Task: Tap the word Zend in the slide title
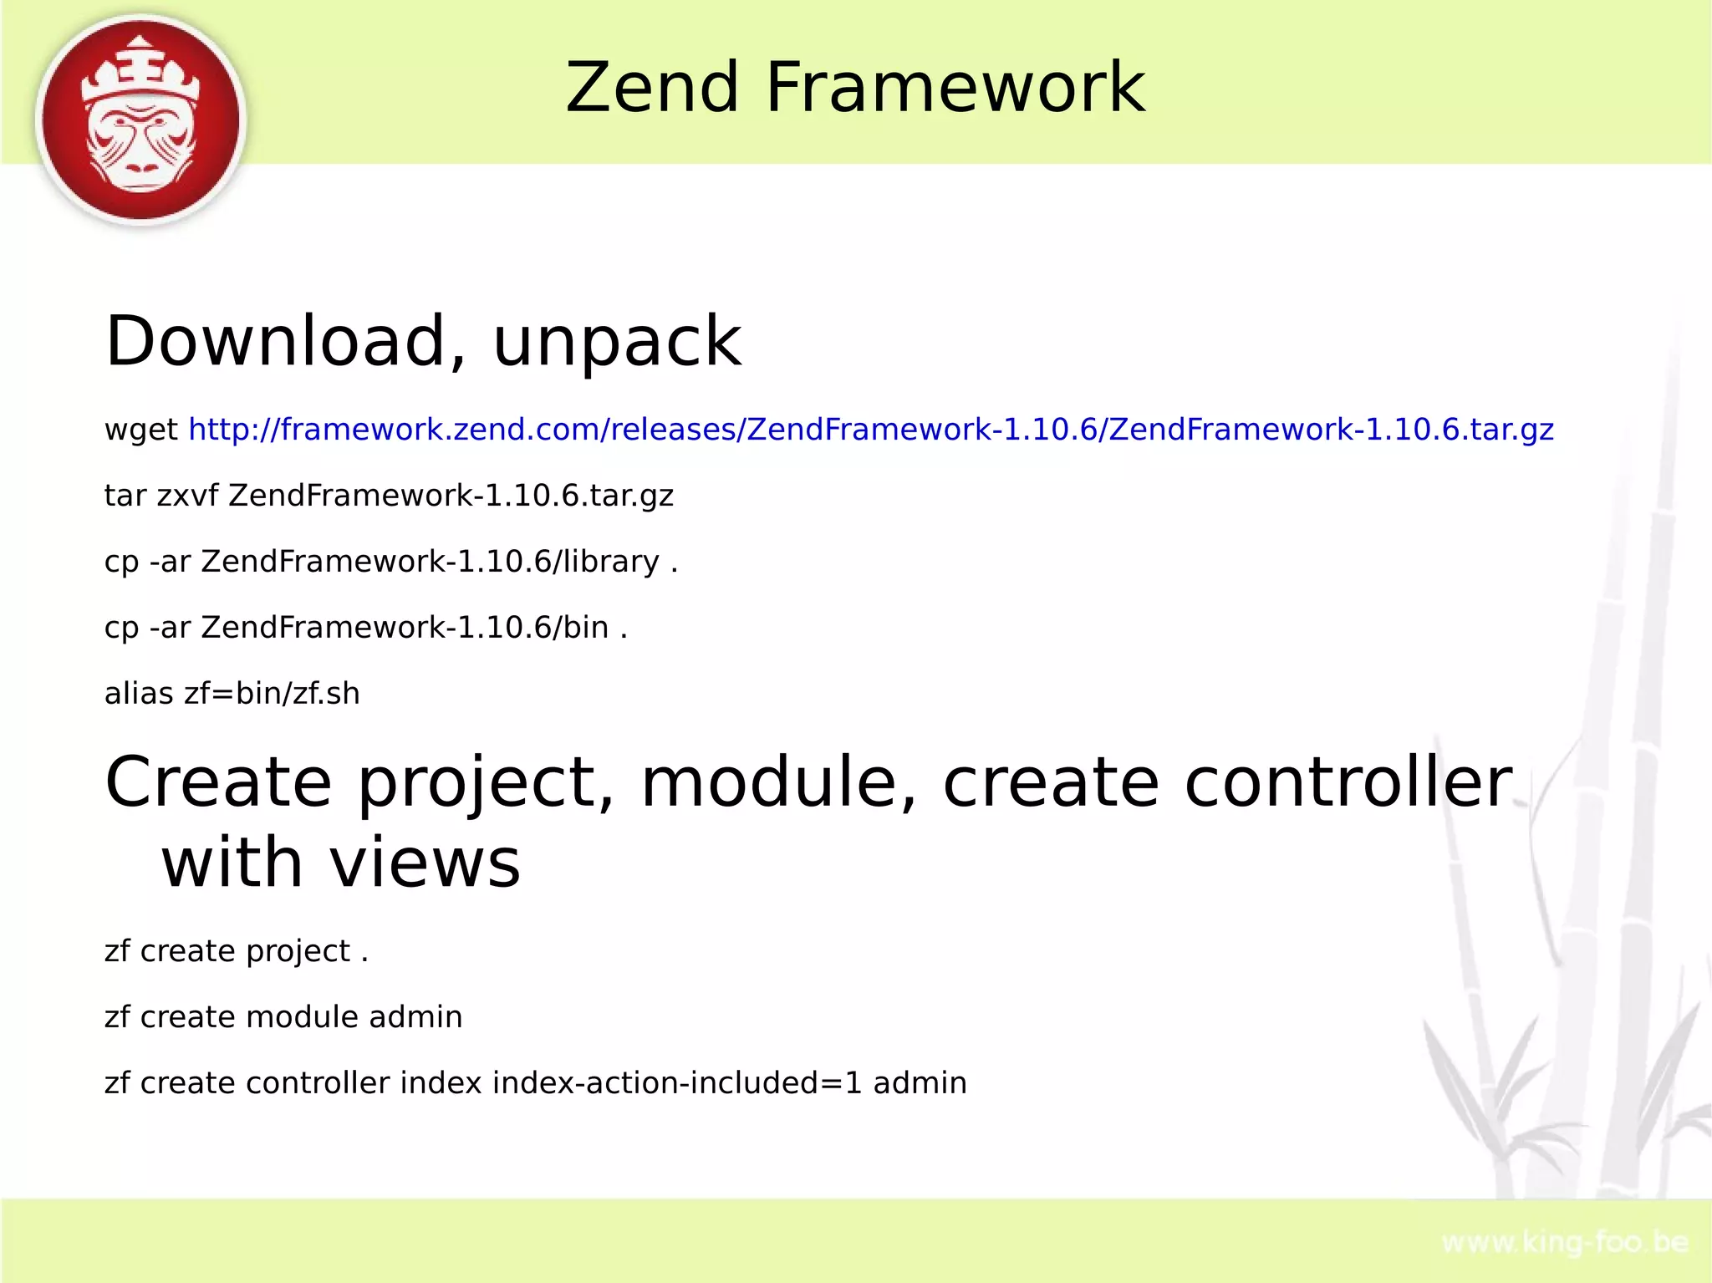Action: pyautogui.click(x=652, y=88)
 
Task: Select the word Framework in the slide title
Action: pyautogui.click(x=955, y=88)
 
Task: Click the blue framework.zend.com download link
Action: pyautogui.click(x=870, y=430)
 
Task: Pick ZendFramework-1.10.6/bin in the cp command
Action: pyautogui.click(x=405, y=628)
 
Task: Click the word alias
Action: pyautogui.click(x=139, y=694)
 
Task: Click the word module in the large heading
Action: pyautogui.click(x=778, y=783)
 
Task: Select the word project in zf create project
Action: pyautogui.click(x=298, y=952)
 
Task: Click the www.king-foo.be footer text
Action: pyautogui.click(x=1565, y=1243)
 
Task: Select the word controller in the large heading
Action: pyautogui.click(x=1348, y=783)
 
